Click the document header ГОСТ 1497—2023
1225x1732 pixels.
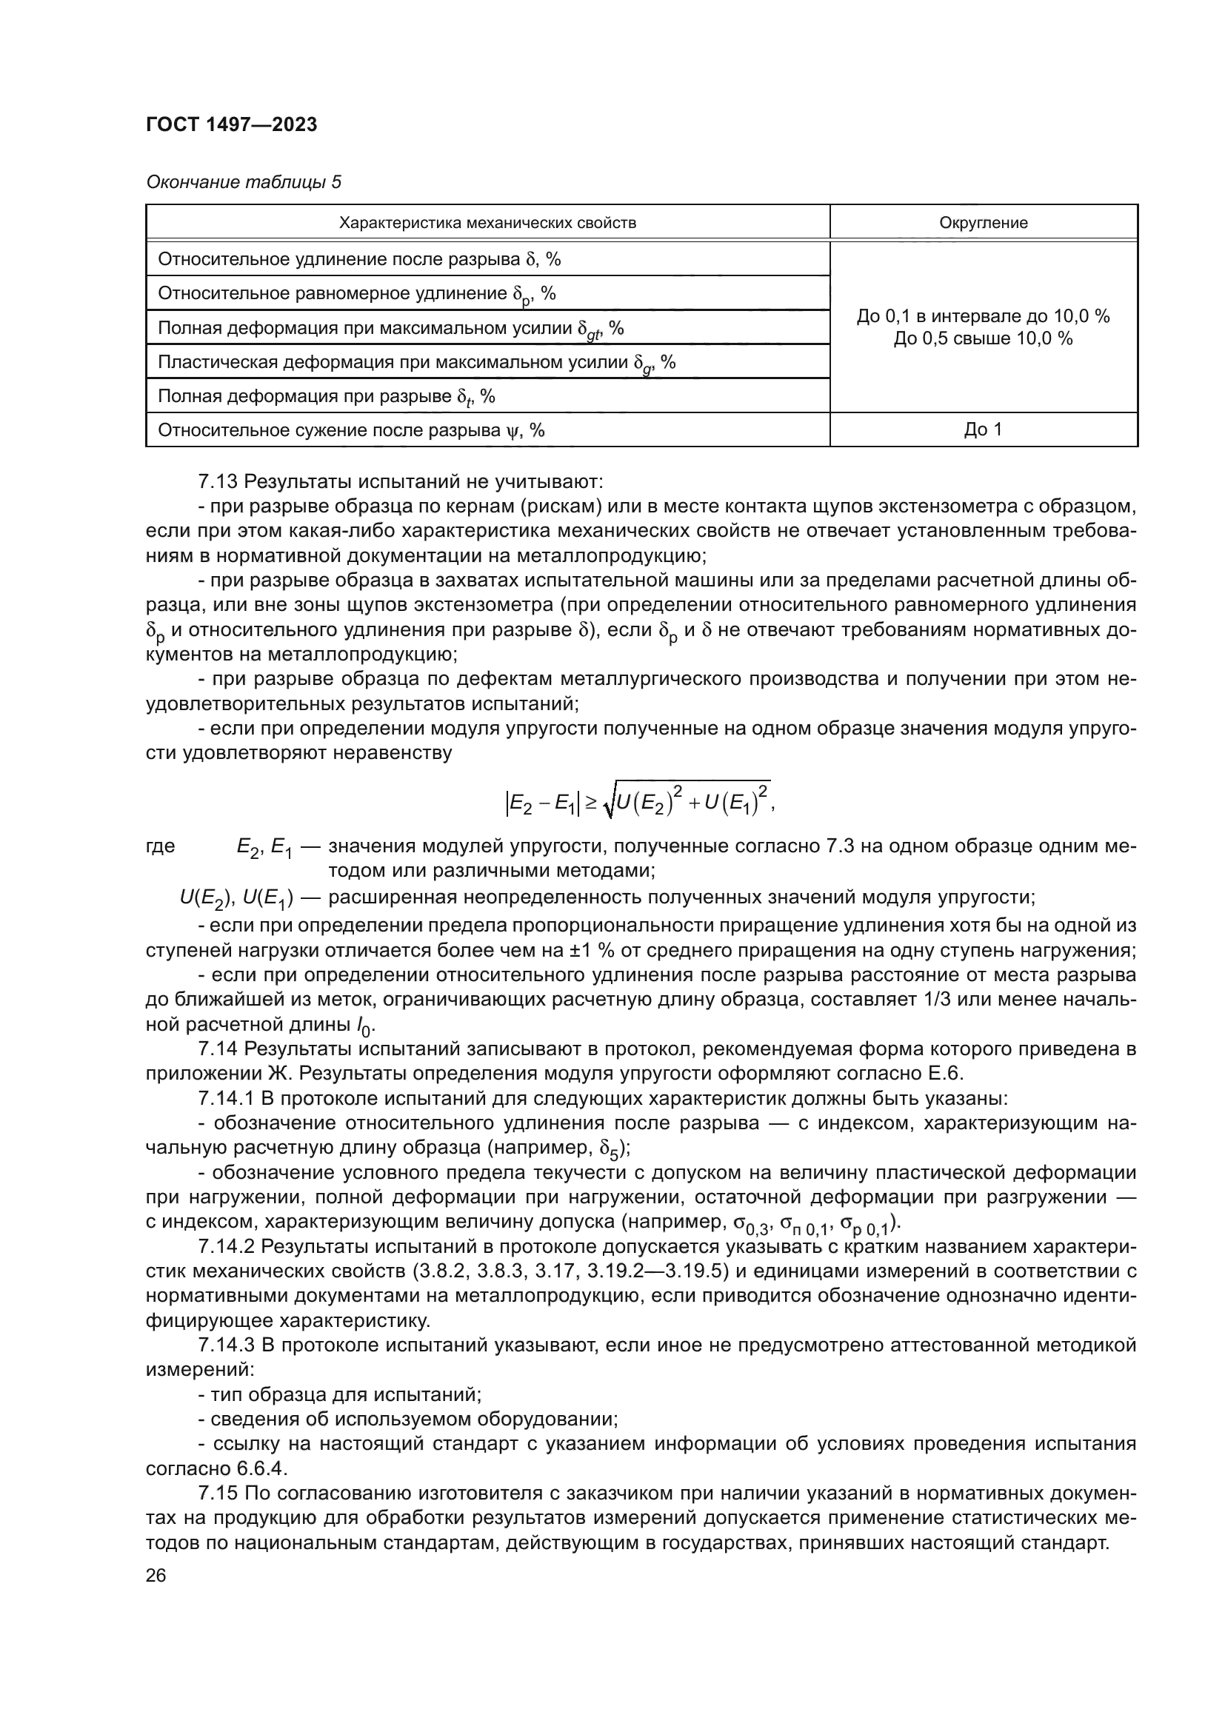pos(232,125)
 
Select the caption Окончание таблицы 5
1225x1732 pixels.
pos(244,182)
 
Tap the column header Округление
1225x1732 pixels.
pos(983,223)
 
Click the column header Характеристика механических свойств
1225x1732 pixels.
pos(487,223)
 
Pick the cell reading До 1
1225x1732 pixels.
pos(983,430)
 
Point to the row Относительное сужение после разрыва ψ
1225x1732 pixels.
pos(351,431)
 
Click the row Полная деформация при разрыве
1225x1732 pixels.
pos(326,397)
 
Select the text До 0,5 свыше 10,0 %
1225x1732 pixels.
pos(983,338)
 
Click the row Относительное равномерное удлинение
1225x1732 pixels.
pos(356,294)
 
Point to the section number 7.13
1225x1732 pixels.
pos(218,481)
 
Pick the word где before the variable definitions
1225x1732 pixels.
pos(161,846)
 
